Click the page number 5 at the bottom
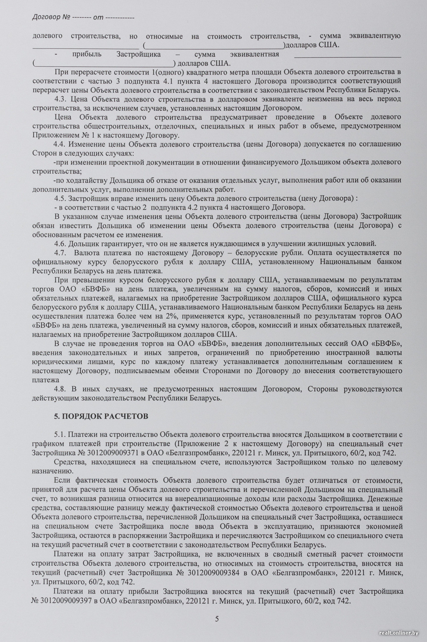coord(217,619)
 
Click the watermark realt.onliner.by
coord(399,633)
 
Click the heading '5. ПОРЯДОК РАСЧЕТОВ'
coord(101,416)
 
